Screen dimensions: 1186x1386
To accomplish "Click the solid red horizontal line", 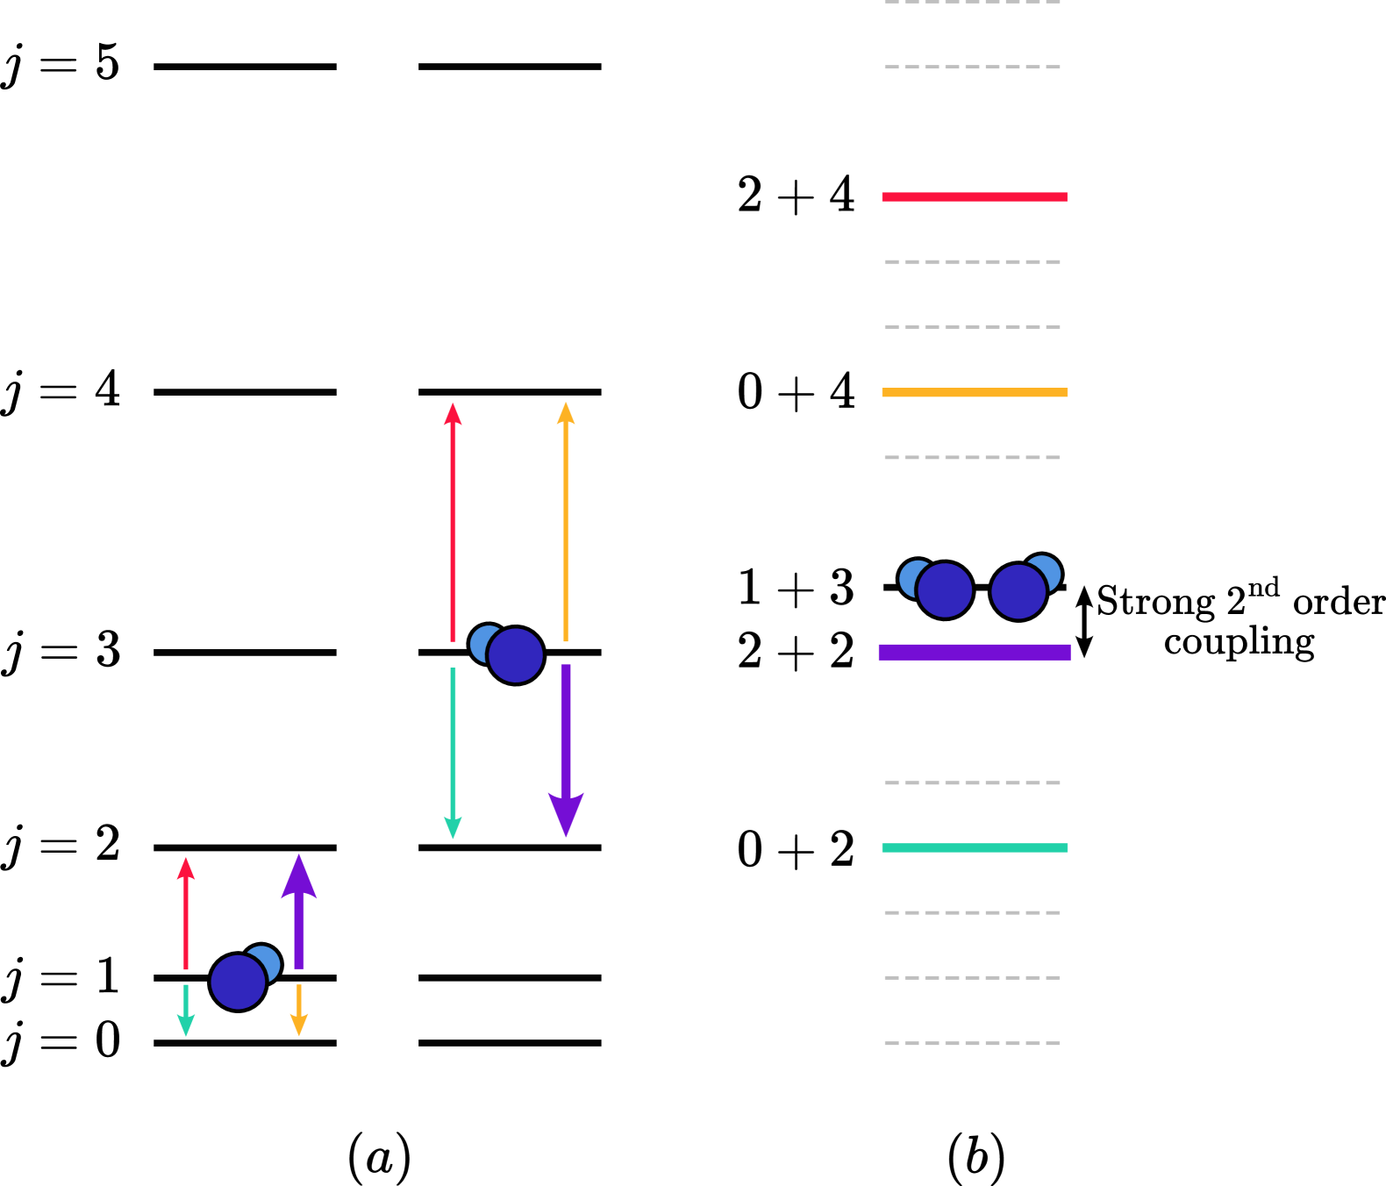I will coord(974,196).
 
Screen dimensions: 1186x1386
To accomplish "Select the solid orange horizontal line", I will coord(974,392).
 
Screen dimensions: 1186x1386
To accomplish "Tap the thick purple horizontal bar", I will coord(974,652).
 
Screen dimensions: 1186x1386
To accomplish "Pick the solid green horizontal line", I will coord(974,847).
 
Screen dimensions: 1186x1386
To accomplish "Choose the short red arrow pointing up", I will coord(186,913).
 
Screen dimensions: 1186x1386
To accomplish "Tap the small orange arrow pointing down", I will coord(299,1010).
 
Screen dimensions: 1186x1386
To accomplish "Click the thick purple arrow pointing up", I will coord(299,912).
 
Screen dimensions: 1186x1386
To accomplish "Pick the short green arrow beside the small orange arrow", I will coord(186,1010).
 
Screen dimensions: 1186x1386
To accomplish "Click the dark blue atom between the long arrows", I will coord(516,655).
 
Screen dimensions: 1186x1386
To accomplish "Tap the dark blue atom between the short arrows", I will coord(238,982).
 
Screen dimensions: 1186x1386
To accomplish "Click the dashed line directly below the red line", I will coord(972,261).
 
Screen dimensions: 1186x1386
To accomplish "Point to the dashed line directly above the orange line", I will coord(972,326).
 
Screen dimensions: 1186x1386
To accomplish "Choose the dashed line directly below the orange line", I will coord(972,457).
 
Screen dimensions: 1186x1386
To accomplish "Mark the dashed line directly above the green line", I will coord(972,782).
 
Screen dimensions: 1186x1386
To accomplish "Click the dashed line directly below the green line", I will coord(972,912).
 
